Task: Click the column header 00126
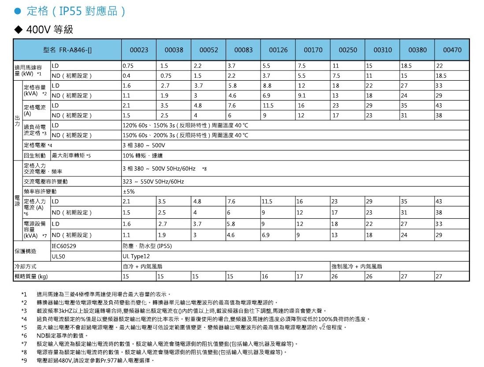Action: click(x=278, y=50)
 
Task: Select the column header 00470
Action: click(x=452, y=50)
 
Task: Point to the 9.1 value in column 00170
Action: click(x=302, y=95)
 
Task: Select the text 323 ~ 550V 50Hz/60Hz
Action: click(x=153, y=182)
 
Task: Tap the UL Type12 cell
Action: click(x=137, y=256)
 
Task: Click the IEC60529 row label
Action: click(x=65, y=246)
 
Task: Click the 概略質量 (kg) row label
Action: click(x=30, y=277)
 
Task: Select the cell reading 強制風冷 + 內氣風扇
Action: click(x=357, y=266)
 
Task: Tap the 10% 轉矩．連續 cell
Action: click(x=140, y=155)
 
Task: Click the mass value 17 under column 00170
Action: click(x=300, y=277)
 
